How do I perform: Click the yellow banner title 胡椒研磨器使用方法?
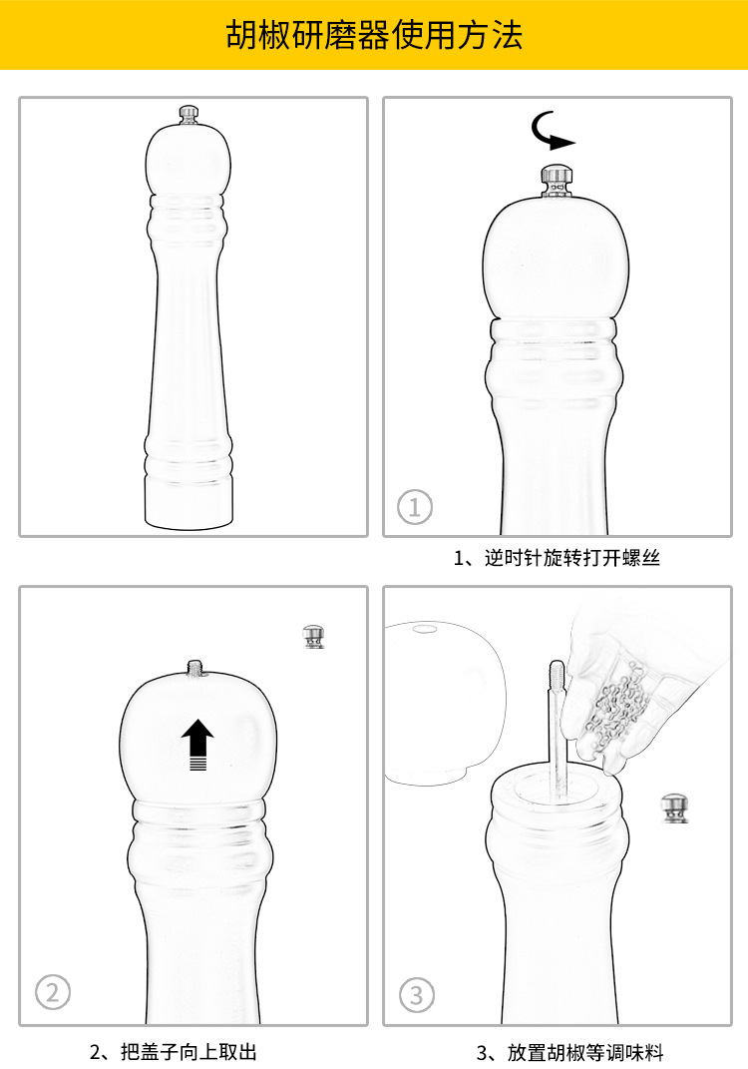pyautogui.click(x=374, y=36)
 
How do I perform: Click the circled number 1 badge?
pyautogui.click(x=415, y=507)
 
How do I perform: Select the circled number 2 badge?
pyautogui.click(x=53, y=992)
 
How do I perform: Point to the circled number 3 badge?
pyautogui.click(x=417, y=994)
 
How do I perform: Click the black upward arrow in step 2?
pyautogui.click(x=197, y=744)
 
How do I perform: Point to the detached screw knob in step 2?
pyautogui.click(x=314, y=636)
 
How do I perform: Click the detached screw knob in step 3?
pyautogui.click(x=675, y=807)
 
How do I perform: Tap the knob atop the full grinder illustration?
pyautogui.click(x=187, y=115)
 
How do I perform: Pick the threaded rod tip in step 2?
pyautogui.click(x=194, y=666)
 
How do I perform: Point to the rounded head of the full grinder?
pyautogui.click(x=188, y=160)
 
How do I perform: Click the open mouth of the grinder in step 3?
pyautogui.click(x=554, y=789)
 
